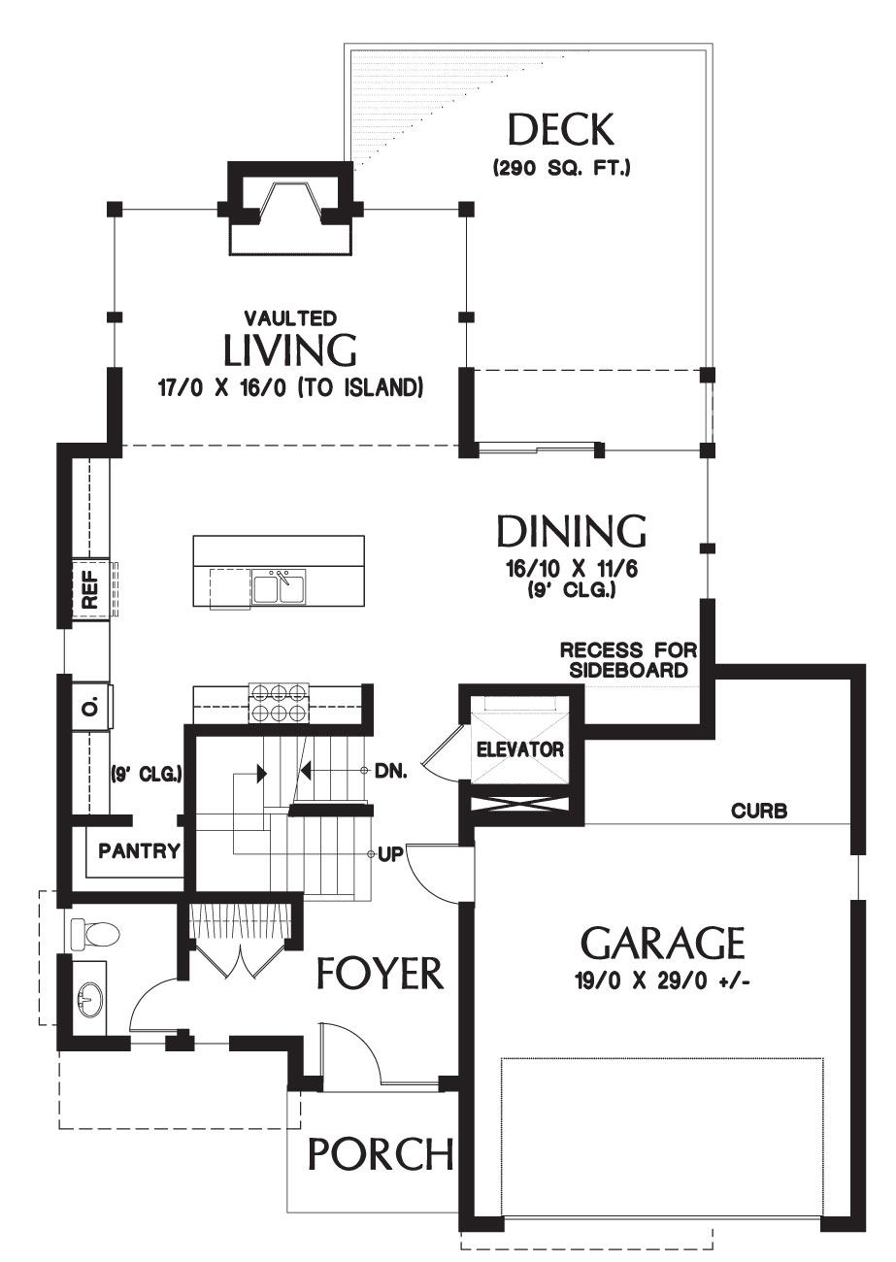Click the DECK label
(x=561, y=129)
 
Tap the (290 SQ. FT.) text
(x=561, y=168)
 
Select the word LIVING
(x=290, y=350)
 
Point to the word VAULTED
(x=290, y=318)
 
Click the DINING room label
(x=572, y=531)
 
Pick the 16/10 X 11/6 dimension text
(x=572, y=569)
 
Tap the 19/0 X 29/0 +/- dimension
(x=663, y=982)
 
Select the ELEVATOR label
(x=520, y=749)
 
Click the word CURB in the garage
(x=759, y=811)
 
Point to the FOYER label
(x=380, y=973)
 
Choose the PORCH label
(x=381, y=1153)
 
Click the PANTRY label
(x=139, y=850)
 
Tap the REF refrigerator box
(x=90, y=589)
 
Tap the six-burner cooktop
(x=279, y=703)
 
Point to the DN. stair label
(x=390, y=772)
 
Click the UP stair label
(x=391, y=854)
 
